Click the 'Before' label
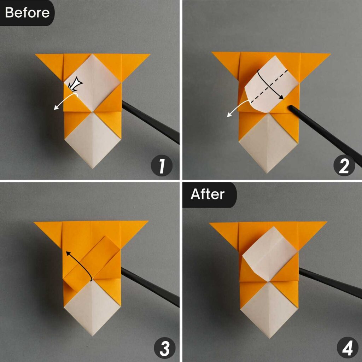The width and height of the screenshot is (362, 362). pyautogui.click(x=27, y=13)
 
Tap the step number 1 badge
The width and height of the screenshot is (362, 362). pyautogui.click(x=162, y=167)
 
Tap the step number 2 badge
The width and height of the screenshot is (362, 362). pyautogui.click(x=344, y=167)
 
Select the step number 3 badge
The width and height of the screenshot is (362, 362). pyautogui.click(x=162, y=348)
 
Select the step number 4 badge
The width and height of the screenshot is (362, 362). pyautogui.click(x=344, y=348)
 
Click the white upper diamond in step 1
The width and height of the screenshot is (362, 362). pyautogui.click(x=93, y=83)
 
